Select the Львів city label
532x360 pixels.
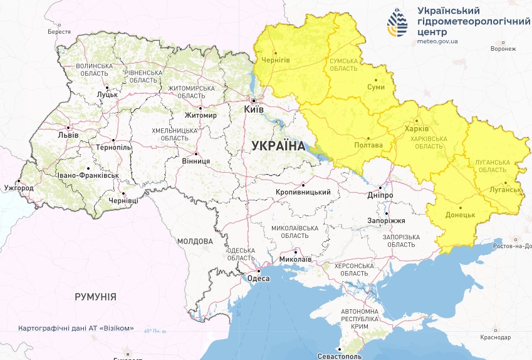point(68,135)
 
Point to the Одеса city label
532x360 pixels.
point(259,279)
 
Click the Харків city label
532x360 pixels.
point(417,128)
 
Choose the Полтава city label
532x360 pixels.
point(368,145)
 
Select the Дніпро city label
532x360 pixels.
point(380,195)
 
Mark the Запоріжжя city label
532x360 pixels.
point(387,220)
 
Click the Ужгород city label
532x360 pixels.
point(18,187)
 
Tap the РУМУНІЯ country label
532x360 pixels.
point(95,296)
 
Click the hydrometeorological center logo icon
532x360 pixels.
point(397,23)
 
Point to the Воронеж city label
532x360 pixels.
point(503,48)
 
